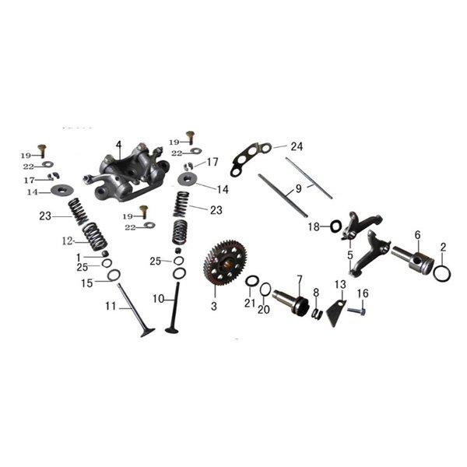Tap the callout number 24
pyautogui.click(x=297, y=146)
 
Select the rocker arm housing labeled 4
pyautogui.click(x=126, y=173)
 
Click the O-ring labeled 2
pyautogui.click(x=442, y=273)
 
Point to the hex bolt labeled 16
pyautogui.click(x=356, y=311)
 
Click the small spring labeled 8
pyautogui.click(x=318, y=314)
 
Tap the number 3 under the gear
pyautogui.click(x=214, y=306)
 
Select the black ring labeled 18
pyautogui.click(x=336, y=226)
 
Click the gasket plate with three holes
pyautogui.click(x=251, y=160)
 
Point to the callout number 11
pyautogui.click(x=111, y=306)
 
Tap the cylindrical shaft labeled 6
pyautogui.click(x=413, y=262)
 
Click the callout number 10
pyautogui.click(x=159, y=298)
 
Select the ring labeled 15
pyautogui.click(x=114, y=275)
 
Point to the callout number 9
pyautogui.click(x=298, y=189)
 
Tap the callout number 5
pyautogui.click(x=350, y=255)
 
